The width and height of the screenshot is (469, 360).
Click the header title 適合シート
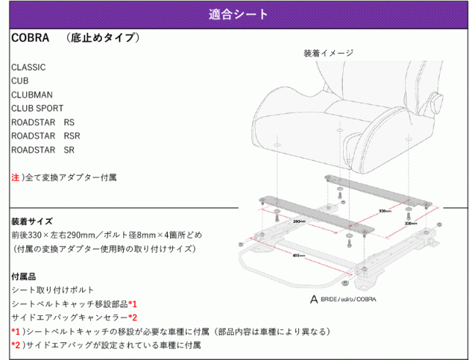[x=234, y=14]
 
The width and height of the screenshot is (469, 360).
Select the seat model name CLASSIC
[x=29, y=67]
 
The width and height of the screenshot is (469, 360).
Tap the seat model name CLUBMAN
[x=32, y=95]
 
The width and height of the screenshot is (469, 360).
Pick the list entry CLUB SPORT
[x=37, y=109]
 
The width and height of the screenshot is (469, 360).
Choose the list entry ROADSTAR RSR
[x=46, y=136]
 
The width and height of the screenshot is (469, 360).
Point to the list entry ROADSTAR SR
[x=43, y=150]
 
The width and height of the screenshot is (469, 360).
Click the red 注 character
[x=15, y=177]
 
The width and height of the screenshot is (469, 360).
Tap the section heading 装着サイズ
[x=32, y=221]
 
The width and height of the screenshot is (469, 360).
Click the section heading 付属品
[x=25, y=276]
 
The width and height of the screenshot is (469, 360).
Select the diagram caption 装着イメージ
[x=328, y=54]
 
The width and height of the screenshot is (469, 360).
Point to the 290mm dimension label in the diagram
[x=299, y=220]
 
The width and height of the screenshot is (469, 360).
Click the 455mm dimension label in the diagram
[x=298, y=256]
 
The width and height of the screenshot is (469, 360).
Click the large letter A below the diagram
[x=314, y=298]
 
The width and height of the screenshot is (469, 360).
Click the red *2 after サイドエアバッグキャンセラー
[x=133, y=317]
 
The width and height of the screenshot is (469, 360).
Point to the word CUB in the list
[x=21, y=81]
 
